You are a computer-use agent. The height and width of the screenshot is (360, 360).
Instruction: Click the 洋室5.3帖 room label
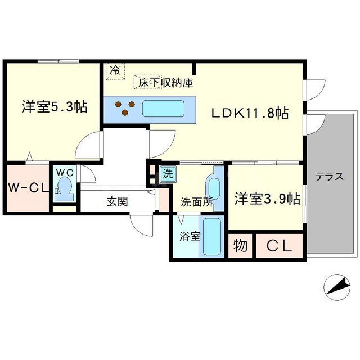coord(55,106)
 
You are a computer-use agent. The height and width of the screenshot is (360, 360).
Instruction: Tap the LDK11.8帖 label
coord(250,113)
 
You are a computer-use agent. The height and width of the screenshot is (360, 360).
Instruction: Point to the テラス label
coord(329,176)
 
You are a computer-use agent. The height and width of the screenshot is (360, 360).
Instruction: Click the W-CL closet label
coord(28,188)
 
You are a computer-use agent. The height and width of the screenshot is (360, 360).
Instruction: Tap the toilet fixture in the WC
coord(66,187)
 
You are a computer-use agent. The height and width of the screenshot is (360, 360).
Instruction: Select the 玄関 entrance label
coord(118,200)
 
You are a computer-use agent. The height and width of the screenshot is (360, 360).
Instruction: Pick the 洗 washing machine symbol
coord(168,174)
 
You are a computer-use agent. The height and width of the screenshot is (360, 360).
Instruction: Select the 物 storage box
coord(240,246)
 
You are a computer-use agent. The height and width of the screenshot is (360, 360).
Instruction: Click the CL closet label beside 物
coord(279,246)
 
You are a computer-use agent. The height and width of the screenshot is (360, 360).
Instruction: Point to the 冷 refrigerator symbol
coord(115,70)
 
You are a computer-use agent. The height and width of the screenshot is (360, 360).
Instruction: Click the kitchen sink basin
coord(164,109)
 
